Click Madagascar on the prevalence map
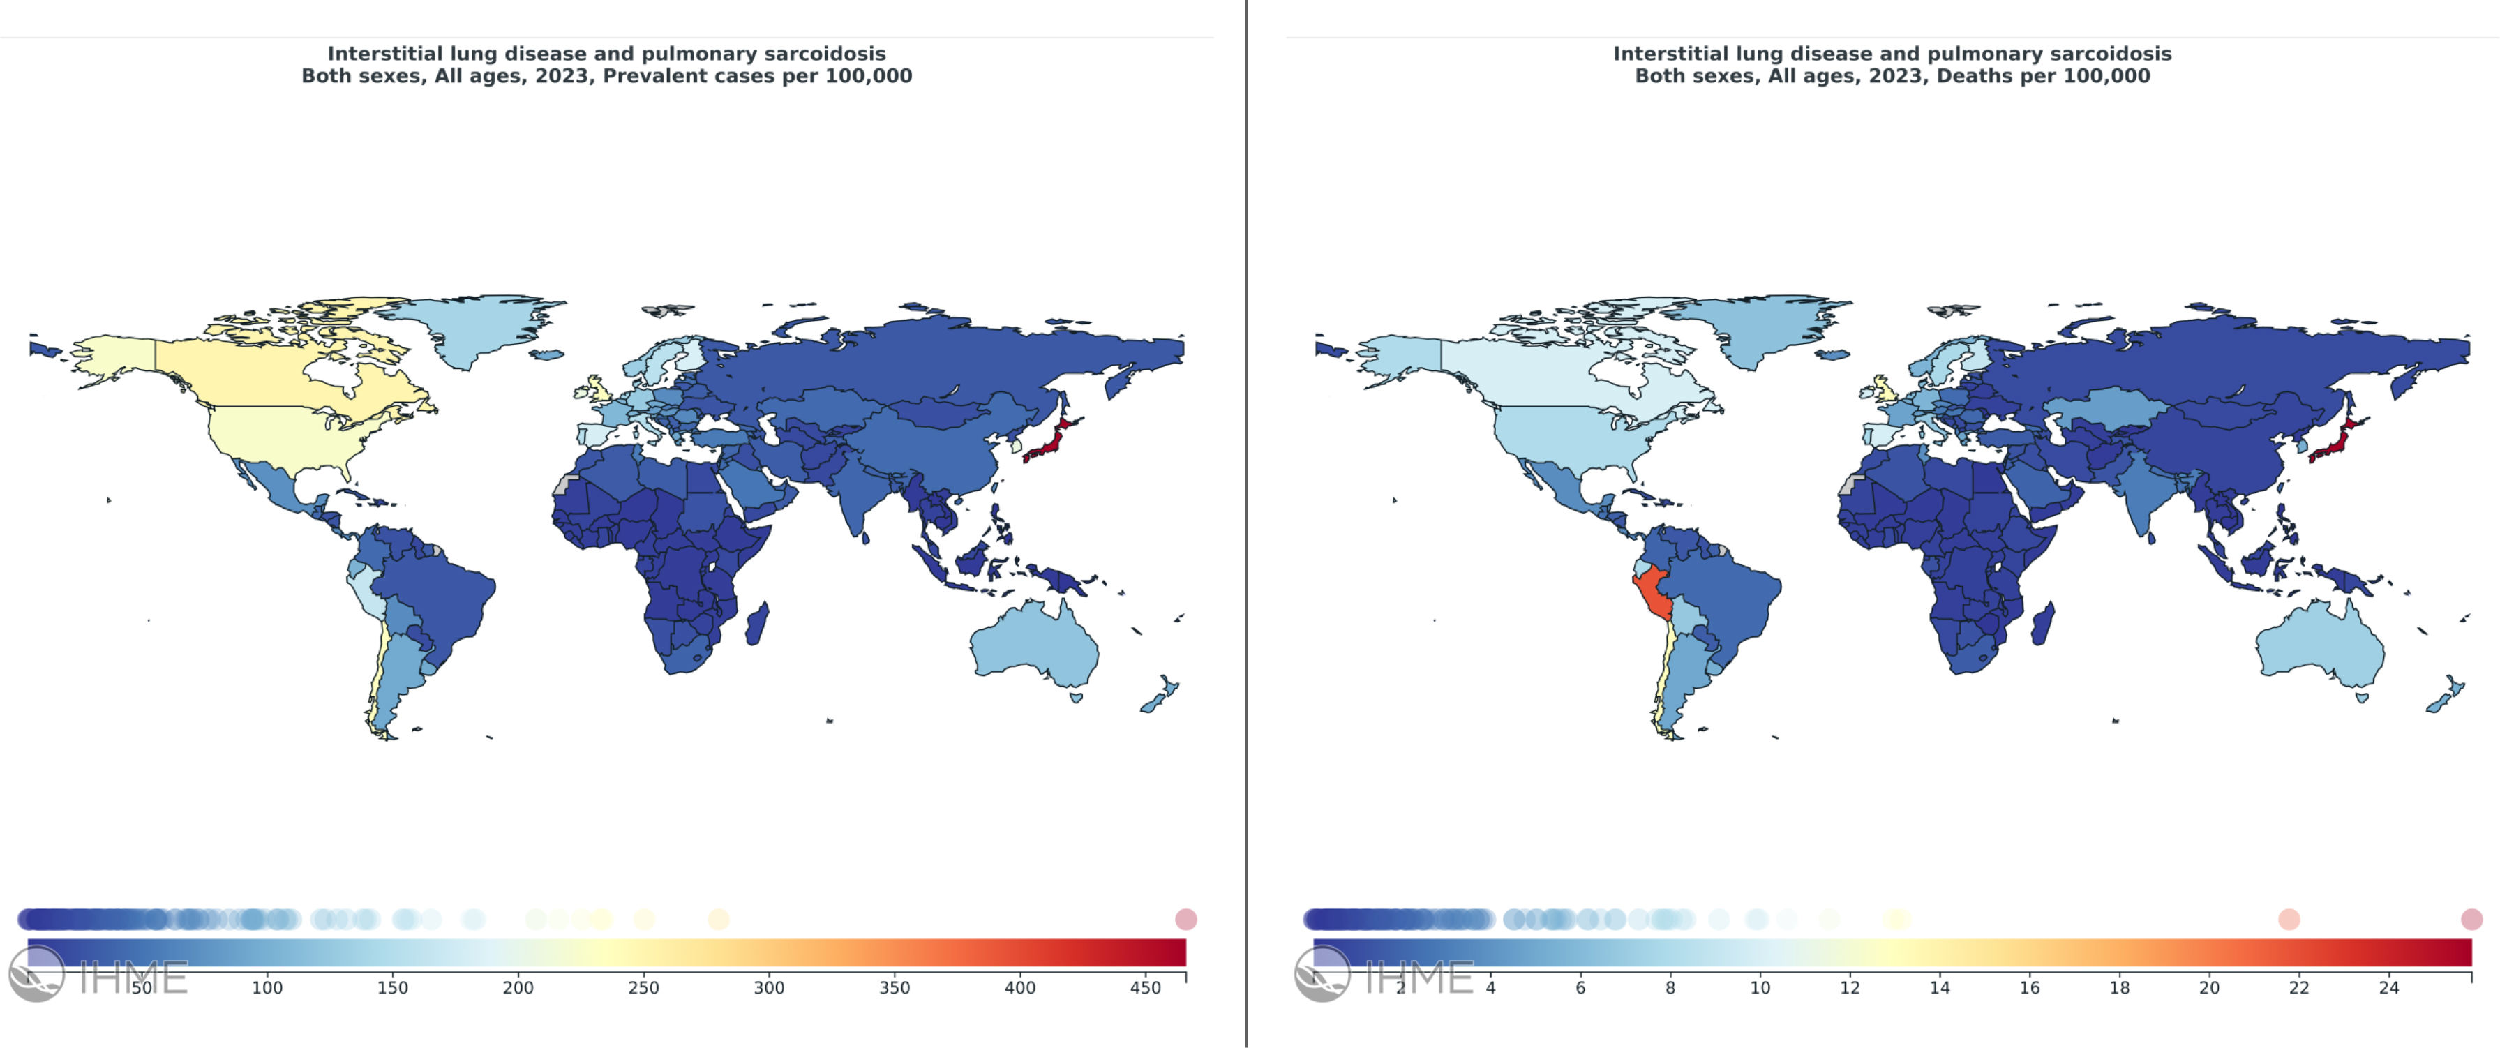758,624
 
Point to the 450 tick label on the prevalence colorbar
1145,988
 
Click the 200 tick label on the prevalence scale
518,988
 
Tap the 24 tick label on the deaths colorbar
2388,988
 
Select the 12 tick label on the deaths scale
1850,988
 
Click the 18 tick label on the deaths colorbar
2120,988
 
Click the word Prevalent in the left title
648,75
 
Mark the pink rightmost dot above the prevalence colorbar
1186,919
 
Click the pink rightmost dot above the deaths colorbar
2472,919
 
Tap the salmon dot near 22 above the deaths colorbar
2289,919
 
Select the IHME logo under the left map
98,974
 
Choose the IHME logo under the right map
1384,974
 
